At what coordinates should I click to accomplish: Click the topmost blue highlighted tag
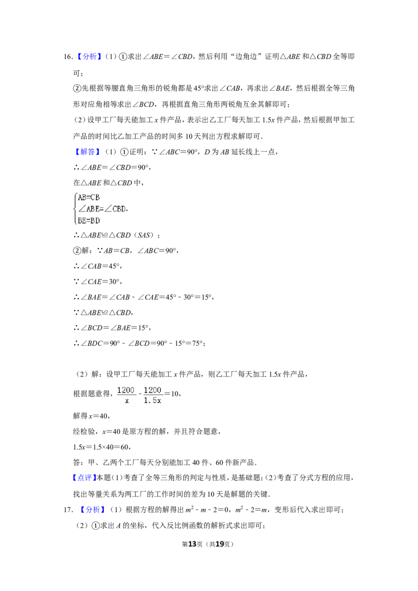coord(89,56)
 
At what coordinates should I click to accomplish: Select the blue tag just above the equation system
coord(87,152)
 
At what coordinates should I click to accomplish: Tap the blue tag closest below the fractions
coord(84,478)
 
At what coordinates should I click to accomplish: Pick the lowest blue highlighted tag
coord(92,509)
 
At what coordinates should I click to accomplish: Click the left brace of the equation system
coord(74,209)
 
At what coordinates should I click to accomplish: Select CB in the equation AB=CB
coord(95,197)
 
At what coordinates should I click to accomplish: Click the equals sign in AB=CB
coord(88,197)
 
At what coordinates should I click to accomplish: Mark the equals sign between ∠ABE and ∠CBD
coord(103,209)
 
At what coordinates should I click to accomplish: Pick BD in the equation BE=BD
coord(95,220)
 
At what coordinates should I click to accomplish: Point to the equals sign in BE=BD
coord(88,220)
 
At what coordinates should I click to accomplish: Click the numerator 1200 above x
coord(125,390)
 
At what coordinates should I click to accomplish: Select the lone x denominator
coord(126,401)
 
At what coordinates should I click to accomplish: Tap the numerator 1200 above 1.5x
coord(153,390)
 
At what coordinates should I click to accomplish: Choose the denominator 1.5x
coord(153,401)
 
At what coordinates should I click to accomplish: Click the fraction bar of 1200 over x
coord(125,395)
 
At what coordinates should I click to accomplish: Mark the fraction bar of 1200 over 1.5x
coord(153,395)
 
